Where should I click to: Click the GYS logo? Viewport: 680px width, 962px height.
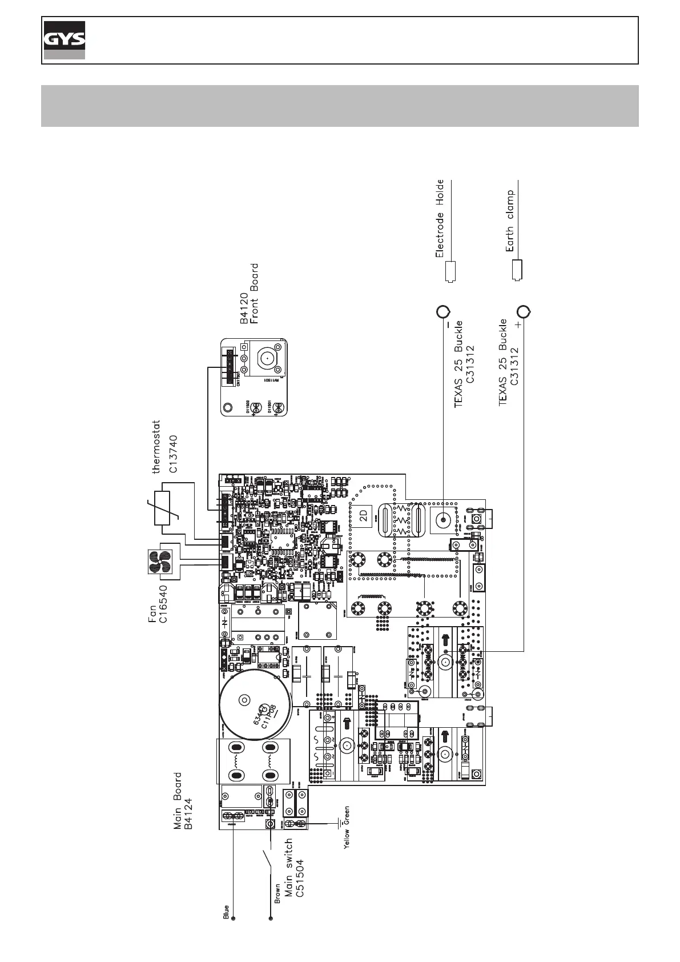click(x=65, y=40)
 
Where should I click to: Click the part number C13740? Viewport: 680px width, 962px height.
click(x=174, y=454)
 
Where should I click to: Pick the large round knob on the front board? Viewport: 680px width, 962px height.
click(x=267, y=359)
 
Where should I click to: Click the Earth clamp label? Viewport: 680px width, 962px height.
click(x=510, y=221)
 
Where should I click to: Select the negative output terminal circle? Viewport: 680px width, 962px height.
click(x=443, y=312)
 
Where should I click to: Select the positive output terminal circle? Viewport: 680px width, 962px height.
click(x=524, y=312)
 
